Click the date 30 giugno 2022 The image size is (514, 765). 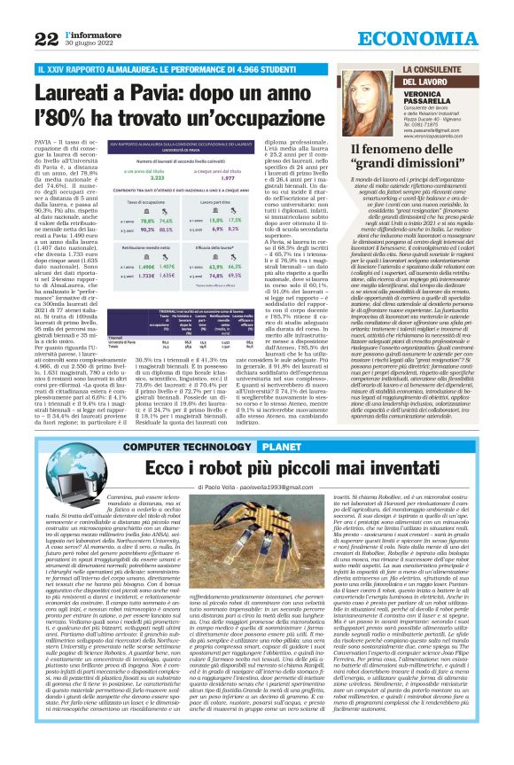tap(85, 44)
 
